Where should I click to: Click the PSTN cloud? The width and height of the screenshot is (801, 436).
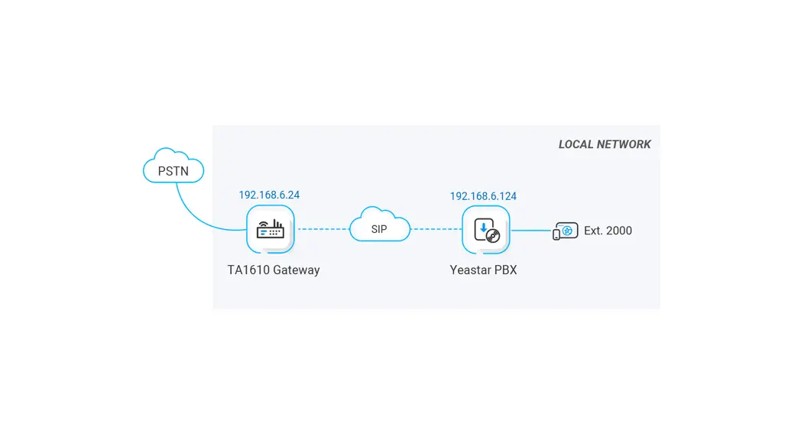(x=173, y=169)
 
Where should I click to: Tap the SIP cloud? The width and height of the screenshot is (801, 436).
(x=380, y=227)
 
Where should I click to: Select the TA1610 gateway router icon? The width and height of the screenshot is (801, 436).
(x=271, y=229)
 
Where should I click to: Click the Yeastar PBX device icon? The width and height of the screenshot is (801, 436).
(x=486, y=230)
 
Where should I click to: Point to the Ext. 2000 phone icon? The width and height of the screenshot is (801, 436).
(x=566, y=231)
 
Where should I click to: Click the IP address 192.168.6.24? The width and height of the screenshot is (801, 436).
(x=269, y=195)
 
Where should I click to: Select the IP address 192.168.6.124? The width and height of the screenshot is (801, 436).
(x=483, y=196)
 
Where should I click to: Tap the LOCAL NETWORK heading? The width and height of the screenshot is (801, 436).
(x=605, y=144)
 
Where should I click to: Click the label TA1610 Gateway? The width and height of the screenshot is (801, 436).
(x=274, y=270)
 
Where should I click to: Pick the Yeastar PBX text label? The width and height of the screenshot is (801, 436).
(x=483, y=270)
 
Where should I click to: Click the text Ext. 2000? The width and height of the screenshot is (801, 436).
(x=608, y=231)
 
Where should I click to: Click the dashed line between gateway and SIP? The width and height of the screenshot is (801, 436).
(x=323, y=229)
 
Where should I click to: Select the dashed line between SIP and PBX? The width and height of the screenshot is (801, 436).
(x=436, y=229)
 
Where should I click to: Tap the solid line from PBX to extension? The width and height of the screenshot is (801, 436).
(x=530, y=230)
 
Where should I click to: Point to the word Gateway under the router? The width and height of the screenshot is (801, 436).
(x=297, y=270)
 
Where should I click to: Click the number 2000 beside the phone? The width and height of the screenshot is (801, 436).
(x=619, y=231)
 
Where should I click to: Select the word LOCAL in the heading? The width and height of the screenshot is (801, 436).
(x=575, y=144)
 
